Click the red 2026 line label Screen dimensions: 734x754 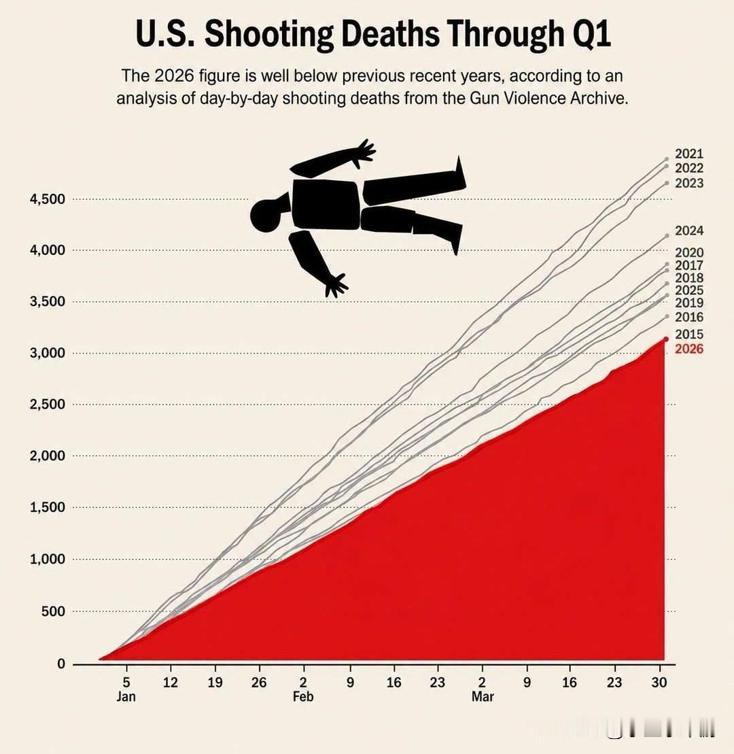689,349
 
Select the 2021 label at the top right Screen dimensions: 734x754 689,154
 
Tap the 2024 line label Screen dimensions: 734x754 689,230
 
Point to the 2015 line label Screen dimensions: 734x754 689,334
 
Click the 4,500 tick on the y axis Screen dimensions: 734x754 47,199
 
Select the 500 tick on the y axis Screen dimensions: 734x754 54,611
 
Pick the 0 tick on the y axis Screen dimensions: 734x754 60,664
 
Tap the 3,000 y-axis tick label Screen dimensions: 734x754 47,353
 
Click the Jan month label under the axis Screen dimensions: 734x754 126,696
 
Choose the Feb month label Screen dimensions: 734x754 303,696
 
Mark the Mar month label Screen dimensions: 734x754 482,696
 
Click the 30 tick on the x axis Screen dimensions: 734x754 659,682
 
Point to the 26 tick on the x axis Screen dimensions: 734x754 259,682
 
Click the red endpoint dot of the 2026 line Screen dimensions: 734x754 666,339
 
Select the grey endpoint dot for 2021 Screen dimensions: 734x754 666,158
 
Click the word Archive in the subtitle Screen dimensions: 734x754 599,98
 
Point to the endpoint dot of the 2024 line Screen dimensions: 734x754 667,236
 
